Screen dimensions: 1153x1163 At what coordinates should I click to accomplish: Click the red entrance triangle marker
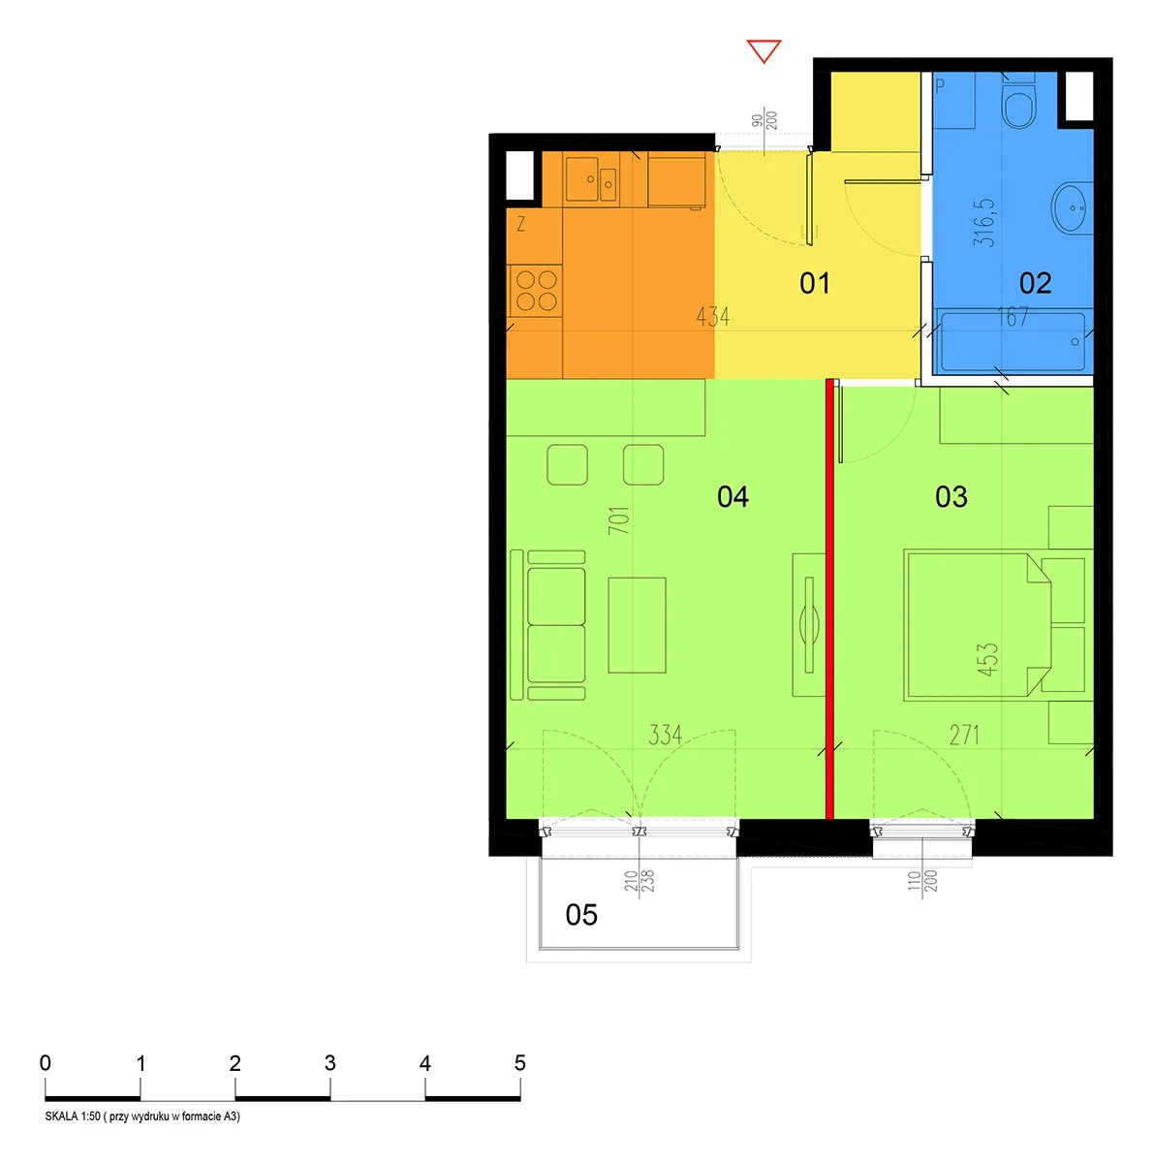click(763, 50)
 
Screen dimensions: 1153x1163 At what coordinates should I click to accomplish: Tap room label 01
click(814, 283)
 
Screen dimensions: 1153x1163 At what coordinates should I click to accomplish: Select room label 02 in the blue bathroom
click(1036, 283)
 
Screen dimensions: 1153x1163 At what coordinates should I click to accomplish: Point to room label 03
click(950, 497)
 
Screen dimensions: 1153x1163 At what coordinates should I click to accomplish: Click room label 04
click(732, 497)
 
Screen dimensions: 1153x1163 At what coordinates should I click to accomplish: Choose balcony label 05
click(581, 914)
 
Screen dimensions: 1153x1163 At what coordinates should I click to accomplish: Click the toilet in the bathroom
click(1018, 102)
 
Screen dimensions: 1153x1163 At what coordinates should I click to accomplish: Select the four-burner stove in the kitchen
click(537, 291)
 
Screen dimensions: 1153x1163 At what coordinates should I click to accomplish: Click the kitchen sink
click(590, 176)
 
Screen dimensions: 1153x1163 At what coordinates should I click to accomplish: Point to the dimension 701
click(619, 520)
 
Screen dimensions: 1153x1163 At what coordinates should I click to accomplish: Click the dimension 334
click(666, 735)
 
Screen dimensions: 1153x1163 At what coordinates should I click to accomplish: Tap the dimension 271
click(963, 735)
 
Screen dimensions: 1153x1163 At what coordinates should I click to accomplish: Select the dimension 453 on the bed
click(987, 660)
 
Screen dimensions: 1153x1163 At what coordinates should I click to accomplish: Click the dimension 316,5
click(984, 223)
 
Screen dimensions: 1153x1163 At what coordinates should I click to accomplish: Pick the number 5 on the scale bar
click(519, 1063)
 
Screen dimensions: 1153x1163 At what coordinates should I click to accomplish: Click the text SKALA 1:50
click(73, 1116)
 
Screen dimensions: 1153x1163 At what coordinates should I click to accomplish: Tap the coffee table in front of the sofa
click(637, 625)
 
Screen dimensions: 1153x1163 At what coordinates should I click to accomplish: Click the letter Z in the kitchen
click(521, 225)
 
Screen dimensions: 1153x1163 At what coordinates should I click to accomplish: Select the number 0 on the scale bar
click(46, 1063)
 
